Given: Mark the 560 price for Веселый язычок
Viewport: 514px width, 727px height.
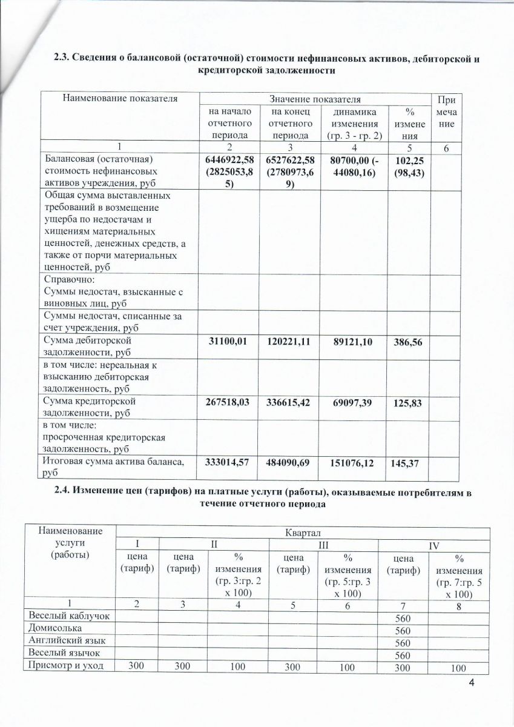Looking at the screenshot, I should (x=402, y=655).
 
